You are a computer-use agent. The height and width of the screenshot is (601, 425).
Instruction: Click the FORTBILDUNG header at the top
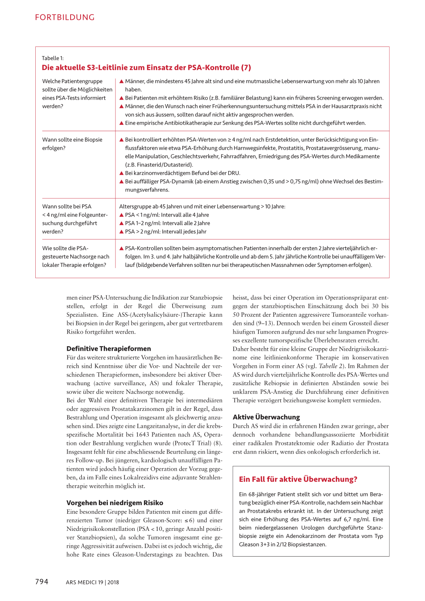[x=65, y=17]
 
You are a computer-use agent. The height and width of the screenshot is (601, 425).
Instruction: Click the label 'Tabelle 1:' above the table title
[x=53, y=58]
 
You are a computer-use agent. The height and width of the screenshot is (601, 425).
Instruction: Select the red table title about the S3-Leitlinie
[x=146, y=68]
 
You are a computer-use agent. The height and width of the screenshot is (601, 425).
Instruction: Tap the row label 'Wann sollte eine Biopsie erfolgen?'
[x=72, y=144]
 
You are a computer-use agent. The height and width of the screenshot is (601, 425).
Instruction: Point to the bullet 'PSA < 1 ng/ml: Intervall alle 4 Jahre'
[x=166, y=215]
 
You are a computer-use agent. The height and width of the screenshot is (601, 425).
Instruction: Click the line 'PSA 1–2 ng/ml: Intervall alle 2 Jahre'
[x=167, y=223]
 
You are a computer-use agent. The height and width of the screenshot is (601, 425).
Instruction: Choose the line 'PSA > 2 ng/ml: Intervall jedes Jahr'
[x=165, y=232]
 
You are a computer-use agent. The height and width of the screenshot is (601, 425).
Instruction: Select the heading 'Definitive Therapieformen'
[x=108, y=349]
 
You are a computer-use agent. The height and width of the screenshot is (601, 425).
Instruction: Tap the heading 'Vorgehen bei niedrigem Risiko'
[x=115, y=503]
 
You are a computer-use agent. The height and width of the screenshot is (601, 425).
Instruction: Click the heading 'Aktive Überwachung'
[x=266, y=417]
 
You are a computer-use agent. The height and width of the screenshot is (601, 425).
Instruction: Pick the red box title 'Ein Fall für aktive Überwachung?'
[x=298, y=479]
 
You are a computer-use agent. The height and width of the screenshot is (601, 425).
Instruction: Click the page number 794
[x=42, y=582]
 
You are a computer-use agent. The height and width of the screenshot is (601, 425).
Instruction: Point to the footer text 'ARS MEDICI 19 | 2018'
[x=92, y=582]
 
